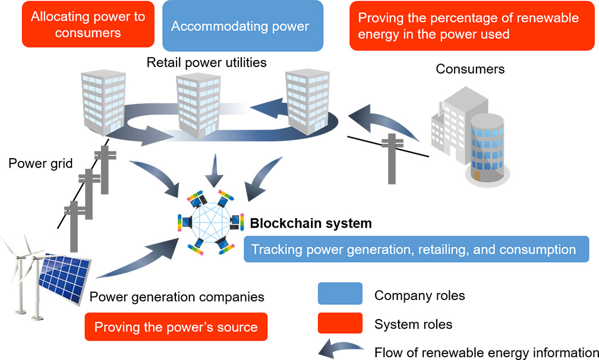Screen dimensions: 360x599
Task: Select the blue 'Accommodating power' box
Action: point(243,26)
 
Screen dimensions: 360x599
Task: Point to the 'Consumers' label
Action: point(470,69)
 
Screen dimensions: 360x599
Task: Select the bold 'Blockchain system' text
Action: point(311,223)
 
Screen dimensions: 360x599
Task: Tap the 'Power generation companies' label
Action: point(176,296)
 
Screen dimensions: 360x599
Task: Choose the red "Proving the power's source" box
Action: point(176,327)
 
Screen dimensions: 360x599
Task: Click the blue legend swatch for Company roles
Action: point(340,294)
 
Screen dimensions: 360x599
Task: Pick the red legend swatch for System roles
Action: point(340,324)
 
